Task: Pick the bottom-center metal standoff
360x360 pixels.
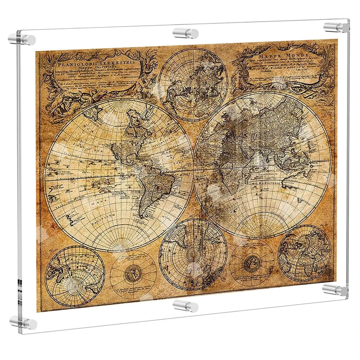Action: pyautogui.click(x=185, y=306)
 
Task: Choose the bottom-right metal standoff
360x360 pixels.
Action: pyautogui.click(x=335, y=288)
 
